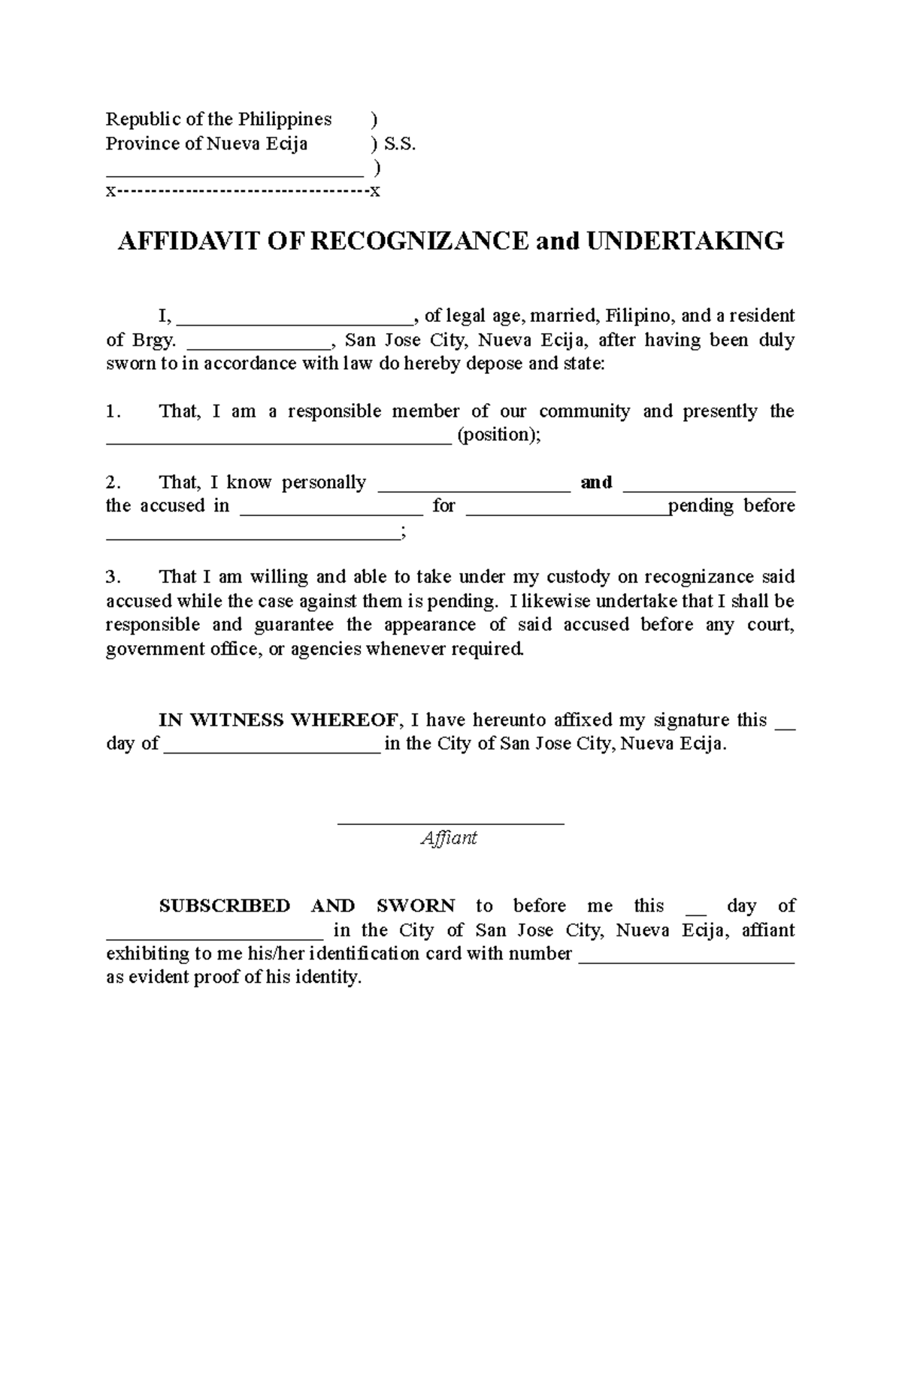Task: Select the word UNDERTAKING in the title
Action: [x=685, y=241]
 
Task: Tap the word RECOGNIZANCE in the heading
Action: [x=420, y=241]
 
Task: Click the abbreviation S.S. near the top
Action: [x=398, y=144]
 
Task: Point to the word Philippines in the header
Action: [x=285, y=120]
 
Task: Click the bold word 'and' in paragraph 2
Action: [x=596, y=483]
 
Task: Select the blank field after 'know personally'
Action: [x=474, y=484]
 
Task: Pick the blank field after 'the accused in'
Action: [x=331, y=508]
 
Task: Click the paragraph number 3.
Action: [x=112, y=578]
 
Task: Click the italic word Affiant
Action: [x=449, y=838]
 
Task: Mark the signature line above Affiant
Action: [x=451, y=823]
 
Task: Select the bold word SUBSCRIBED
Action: [x=224, y=906]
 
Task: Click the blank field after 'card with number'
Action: [x=688, y=956]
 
